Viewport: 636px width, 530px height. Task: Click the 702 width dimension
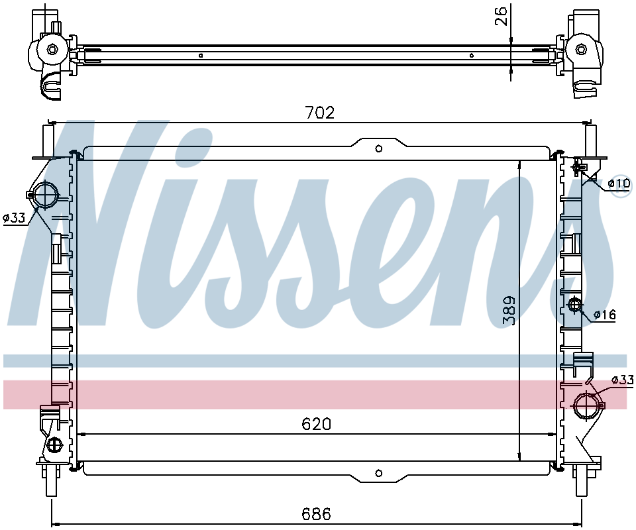[320, 113]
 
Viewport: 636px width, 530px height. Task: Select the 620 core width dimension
[317, 424]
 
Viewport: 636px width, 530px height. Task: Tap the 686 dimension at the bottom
[317, 514]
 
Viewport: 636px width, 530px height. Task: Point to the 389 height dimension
[509, 310]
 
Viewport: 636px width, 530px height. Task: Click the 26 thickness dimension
[502, 16]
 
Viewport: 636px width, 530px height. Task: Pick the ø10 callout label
[619, 184]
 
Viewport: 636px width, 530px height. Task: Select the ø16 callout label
[604, 314]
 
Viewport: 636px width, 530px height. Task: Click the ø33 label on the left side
[14, 218]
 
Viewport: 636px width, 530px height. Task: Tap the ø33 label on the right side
[623, 380]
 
